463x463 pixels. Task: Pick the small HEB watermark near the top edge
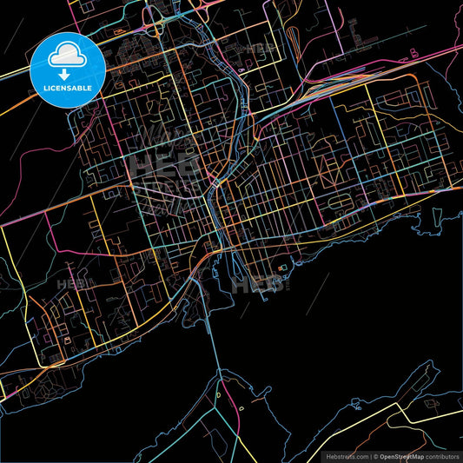point(261,50)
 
